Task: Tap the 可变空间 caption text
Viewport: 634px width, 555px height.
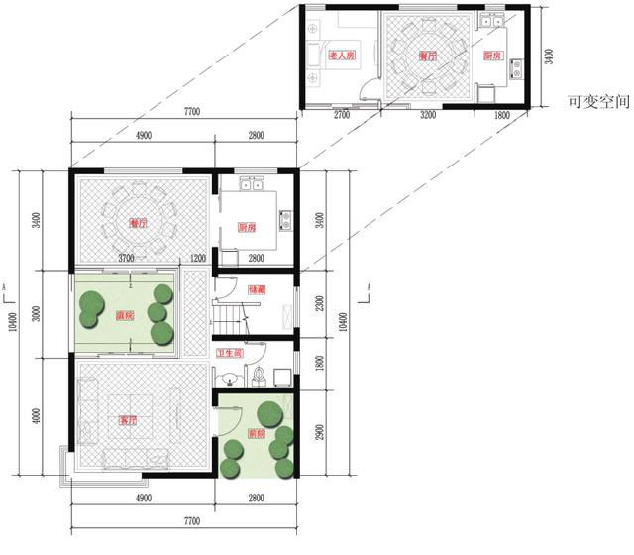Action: click(x=594, y=101)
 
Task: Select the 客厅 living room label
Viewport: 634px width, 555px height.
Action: click(x=126, y=420)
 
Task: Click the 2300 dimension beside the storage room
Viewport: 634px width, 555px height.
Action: click(x=319, y=304)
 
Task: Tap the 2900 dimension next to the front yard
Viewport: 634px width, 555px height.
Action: click(x=319, y=432)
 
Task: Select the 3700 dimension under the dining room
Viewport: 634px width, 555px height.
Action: click(x=125, y=259)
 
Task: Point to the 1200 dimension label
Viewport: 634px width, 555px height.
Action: click(x=197, y=259)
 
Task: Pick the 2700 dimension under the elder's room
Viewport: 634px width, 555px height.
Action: click(x=342, y=116)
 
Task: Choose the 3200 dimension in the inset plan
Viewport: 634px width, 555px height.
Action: click(x=428, y=116)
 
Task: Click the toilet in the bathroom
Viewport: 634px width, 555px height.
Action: click(x=258, y=375)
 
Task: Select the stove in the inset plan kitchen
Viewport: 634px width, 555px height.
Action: click(x=516, y=69)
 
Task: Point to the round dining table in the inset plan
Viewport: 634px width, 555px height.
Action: click(x=427, y=55)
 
